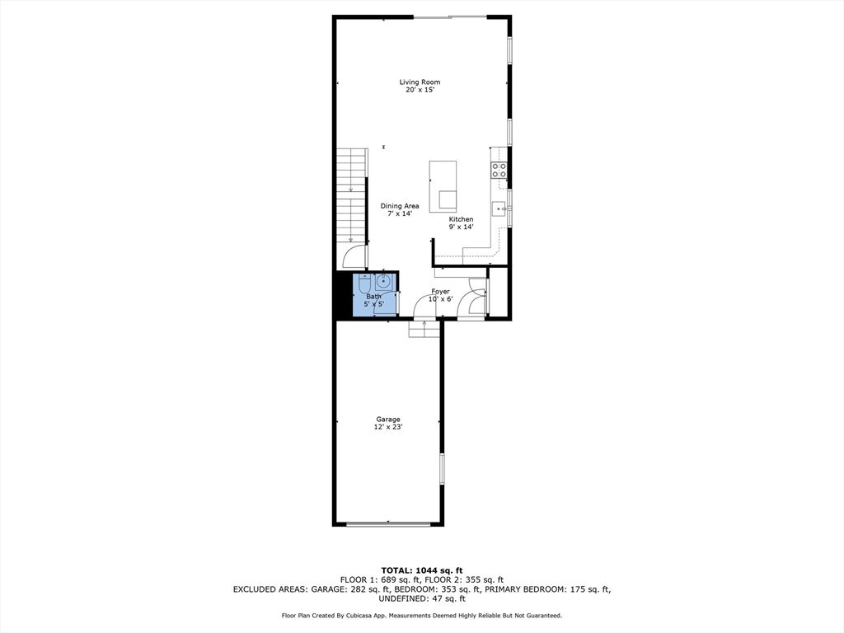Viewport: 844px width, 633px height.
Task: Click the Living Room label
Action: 420,82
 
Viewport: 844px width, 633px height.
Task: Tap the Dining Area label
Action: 400,206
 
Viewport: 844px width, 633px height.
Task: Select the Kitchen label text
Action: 461,219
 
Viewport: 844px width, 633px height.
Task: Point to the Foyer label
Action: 440,291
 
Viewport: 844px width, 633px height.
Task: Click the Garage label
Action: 388,419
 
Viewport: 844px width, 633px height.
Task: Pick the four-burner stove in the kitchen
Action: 499,170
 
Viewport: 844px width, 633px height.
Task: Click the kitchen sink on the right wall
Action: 499,209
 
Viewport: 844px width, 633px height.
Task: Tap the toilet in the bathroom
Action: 365,284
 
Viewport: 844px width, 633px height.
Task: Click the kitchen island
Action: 443,185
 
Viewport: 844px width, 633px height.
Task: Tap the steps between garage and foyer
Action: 424,328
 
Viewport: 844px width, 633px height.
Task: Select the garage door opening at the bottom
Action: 387,523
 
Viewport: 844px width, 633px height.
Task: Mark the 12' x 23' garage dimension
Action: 388,427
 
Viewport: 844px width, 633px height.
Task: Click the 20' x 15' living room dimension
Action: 420,90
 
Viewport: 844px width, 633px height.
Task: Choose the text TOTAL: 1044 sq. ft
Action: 422,570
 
